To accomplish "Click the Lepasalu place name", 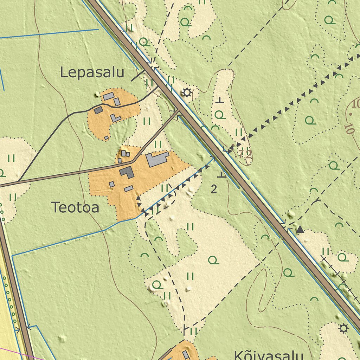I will tap(92, 73).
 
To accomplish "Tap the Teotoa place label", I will tap(75, 207).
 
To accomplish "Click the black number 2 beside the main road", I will tap(214, 189).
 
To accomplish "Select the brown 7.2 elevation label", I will tap(245, 153).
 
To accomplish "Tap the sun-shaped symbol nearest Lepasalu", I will tap(186, 93).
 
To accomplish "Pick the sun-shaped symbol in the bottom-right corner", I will tap(343, 329).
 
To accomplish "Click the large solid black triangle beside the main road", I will tap(300, 230).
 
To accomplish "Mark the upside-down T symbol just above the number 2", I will tap(221, 174).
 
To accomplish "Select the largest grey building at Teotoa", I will tap(157, 159).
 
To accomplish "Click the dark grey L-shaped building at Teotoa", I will tap(127, 172).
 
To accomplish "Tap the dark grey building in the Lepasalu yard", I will tap(98, 110).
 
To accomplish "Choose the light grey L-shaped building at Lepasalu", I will tap(115, 118).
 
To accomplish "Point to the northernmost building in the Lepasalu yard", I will tap(108, 96).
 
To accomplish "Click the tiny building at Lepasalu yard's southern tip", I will tap(107, 137).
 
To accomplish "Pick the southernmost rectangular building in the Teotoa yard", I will tap(129, 189).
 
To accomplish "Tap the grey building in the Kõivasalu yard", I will tap(186, 354).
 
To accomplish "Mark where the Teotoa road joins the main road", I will tap(179, 112).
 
